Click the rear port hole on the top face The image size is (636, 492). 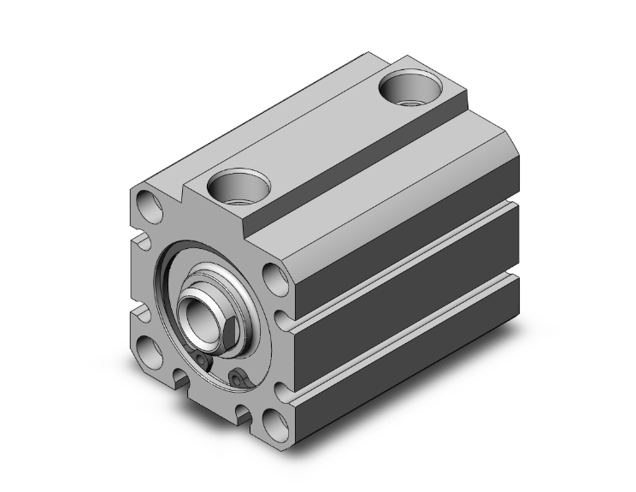409,86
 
